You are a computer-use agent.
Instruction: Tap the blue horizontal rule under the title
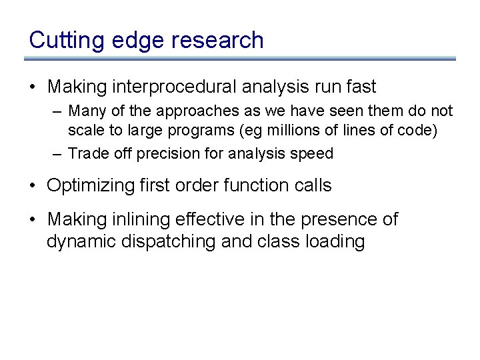(x=240, y=59)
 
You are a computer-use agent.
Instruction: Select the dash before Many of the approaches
(x=58, y=111)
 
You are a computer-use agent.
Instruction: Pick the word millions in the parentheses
(x=289, y=131)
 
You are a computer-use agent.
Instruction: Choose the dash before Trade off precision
(x=58, y=153)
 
